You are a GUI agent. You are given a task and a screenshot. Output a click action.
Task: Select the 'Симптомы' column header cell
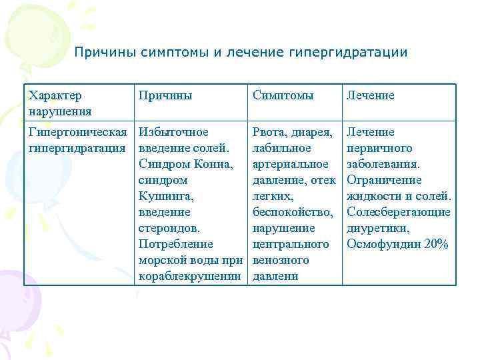[x=283, y=95]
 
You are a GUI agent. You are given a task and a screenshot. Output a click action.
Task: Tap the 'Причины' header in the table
[x=165, y=95]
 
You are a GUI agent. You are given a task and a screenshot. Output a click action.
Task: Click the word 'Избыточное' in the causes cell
[x=173, y=132]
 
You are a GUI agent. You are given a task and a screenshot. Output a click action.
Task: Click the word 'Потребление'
[x=176, y=244]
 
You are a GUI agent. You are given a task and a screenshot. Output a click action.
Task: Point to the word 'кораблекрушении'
[x=191, y=276]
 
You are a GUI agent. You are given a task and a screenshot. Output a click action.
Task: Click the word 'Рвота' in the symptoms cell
[x=270, y=132]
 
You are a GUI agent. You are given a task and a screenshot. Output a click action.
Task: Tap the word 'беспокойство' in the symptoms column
[x=292, y=212]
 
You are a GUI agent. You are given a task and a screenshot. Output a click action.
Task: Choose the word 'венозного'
[x=281, y=260]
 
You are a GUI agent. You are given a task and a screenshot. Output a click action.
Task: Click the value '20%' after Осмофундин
[x=436, y=244]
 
